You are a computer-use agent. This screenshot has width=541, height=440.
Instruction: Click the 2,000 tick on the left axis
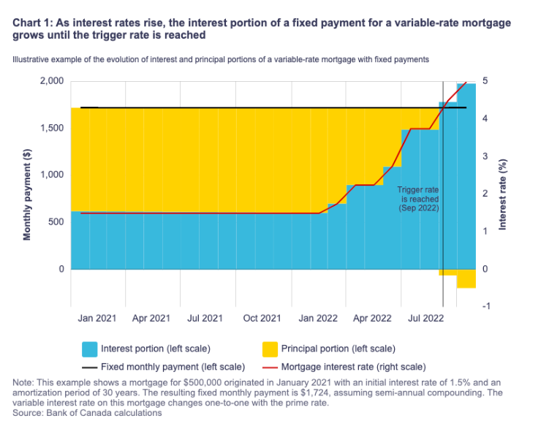pyautogui.click(x=52, y=80)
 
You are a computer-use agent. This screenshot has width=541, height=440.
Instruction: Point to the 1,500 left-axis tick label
pyautogui.click(x=52, y=128)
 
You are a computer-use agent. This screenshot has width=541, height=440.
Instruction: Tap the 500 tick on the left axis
pyautogui.click(x=56, y=222)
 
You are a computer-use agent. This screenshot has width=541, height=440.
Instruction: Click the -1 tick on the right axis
pyautogui.click(x=487, y=306)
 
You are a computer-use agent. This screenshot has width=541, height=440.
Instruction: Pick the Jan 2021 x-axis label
pyautogui.click(x=97, y=319)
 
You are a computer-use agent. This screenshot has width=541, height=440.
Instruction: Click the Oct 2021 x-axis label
pyautogui.click(x=262, y=319)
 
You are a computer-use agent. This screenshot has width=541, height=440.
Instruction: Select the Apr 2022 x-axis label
pyautogui.click(x=372, y=319)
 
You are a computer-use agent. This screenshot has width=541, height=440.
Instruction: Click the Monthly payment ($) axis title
pyautogui.click(x=27, y=193)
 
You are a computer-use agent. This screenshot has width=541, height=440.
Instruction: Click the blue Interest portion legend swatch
pyautogui.click(x=89, y=349)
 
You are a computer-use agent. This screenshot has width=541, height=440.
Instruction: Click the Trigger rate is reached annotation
pyautogui.click(x=417, y=199)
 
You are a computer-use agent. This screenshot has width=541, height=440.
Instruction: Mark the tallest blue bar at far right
pyautogui.click(x=466, y=175)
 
